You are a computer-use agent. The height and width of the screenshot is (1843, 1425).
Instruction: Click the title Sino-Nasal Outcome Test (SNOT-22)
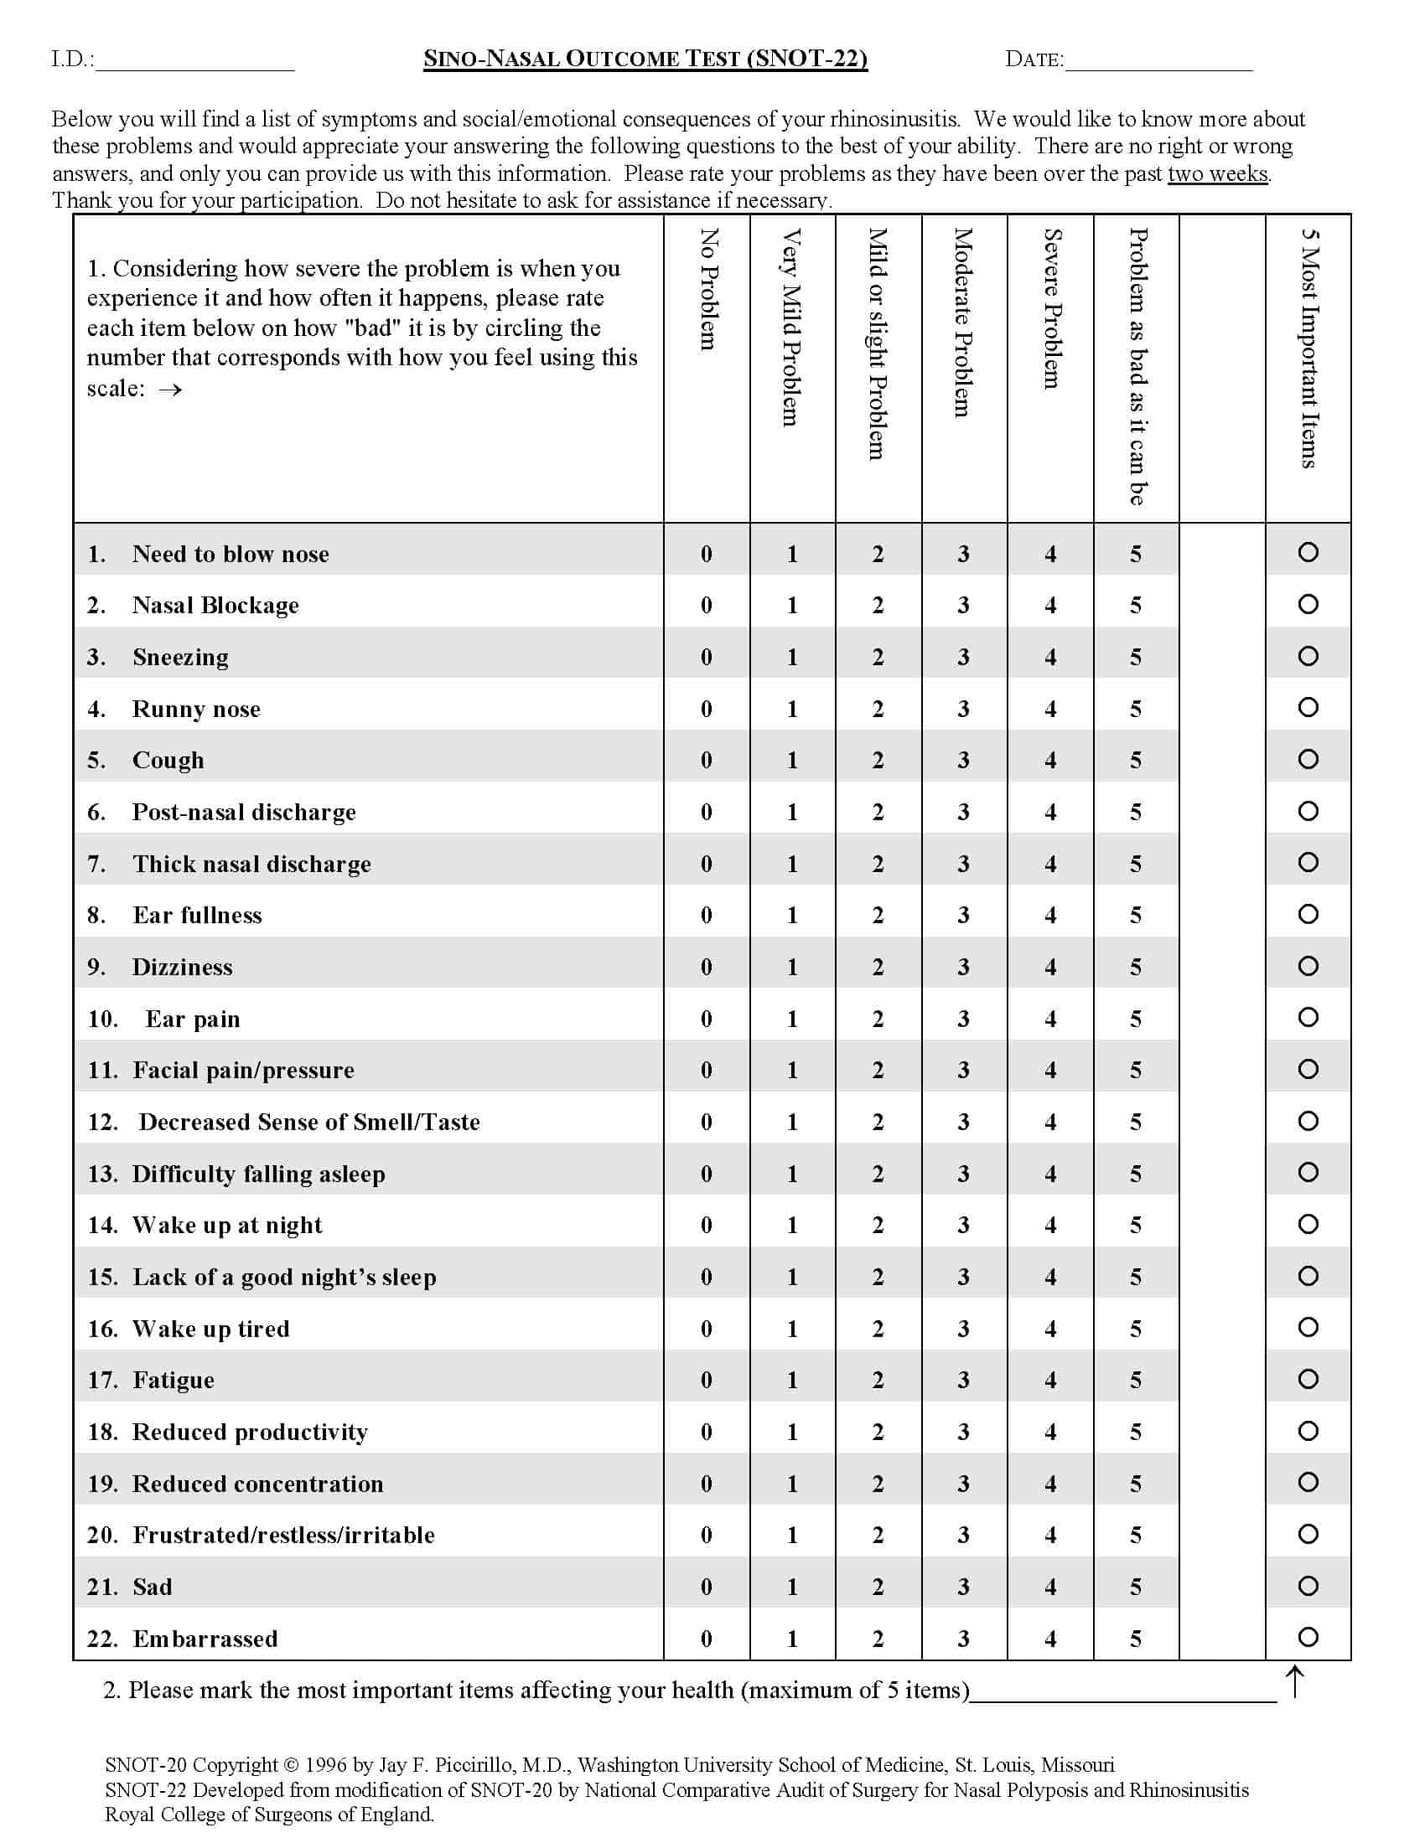tap(645, 59)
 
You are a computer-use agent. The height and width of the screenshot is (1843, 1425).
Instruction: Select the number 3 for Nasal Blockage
tap(963, 605)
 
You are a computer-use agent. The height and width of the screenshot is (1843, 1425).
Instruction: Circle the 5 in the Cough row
tap(1136, 761)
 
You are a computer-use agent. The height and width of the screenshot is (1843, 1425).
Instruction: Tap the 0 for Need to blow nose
tap(707, 554)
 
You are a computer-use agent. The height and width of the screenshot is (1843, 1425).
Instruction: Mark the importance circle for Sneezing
tap(1308, 656)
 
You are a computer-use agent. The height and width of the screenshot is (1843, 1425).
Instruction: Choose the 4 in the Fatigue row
tap(1050, 1380)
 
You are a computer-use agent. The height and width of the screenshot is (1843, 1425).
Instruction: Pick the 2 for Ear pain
tap(878, 1019)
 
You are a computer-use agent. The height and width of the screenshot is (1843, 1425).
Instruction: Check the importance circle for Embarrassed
tap(1308, 1637)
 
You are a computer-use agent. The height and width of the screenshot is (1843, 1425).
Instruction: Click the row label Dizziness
tap(183, 967)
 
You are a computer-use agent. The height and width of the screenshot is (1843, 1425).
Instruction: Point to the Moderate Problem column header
tap(963, 323)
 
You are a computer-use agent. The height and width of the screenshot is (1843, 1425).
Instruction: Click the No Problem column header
tap(708, 289)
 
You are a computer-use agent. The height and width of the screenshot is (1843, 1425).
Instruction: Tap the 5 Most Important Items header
tap(1308, 348)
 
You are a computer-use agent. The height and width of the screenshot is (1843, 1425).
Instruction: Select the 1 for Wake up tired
tap(792, 1329)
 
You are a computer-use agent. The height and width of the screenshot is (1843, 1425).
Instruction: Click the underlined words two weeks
tap(1217, 174)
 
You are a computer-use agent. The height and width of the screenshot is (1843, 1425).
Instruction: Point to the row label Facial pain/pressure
tap(243, 1070)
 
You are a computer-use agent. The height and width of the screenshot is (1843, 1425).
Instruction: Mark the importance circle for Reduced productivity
tap(1308, 1430)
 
